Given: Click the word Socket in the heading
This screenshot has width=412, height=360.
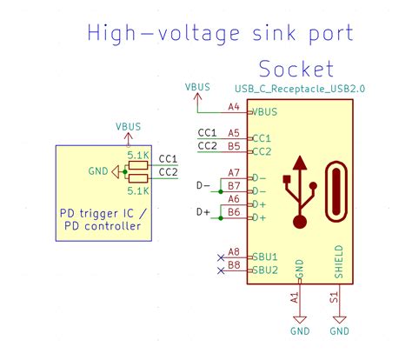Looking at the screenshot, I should click(296, 69).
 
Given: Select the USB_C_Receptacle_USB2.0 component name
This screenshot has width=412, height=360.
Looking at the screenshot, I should click(294, 90).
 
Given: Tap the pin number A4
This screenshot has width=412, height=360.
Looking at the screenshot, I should click(233, 107).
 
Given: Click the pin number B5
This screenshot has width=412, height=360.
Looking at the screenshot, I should click(233, 146).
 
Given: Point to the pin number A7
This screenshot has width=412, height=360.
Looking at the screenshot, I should click(233, 172).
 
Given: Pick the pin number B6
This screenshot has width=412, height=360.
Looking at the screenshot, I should click(233, 212).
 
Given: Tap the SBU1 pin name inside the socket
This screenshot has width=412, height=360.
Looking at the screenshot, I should click(264, 258).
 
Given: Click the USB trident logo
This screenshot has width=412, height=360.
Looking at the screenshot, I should click(301, 191).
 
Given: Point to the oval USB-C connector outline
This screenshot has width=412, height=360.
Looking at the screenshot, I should click(336, 192).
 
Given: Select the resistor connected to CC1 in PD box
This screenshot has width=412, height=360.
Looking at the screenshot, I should click(137, 163).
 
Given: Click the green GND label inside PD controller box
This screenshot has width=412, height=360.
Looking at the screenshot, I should click(98, 172).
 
